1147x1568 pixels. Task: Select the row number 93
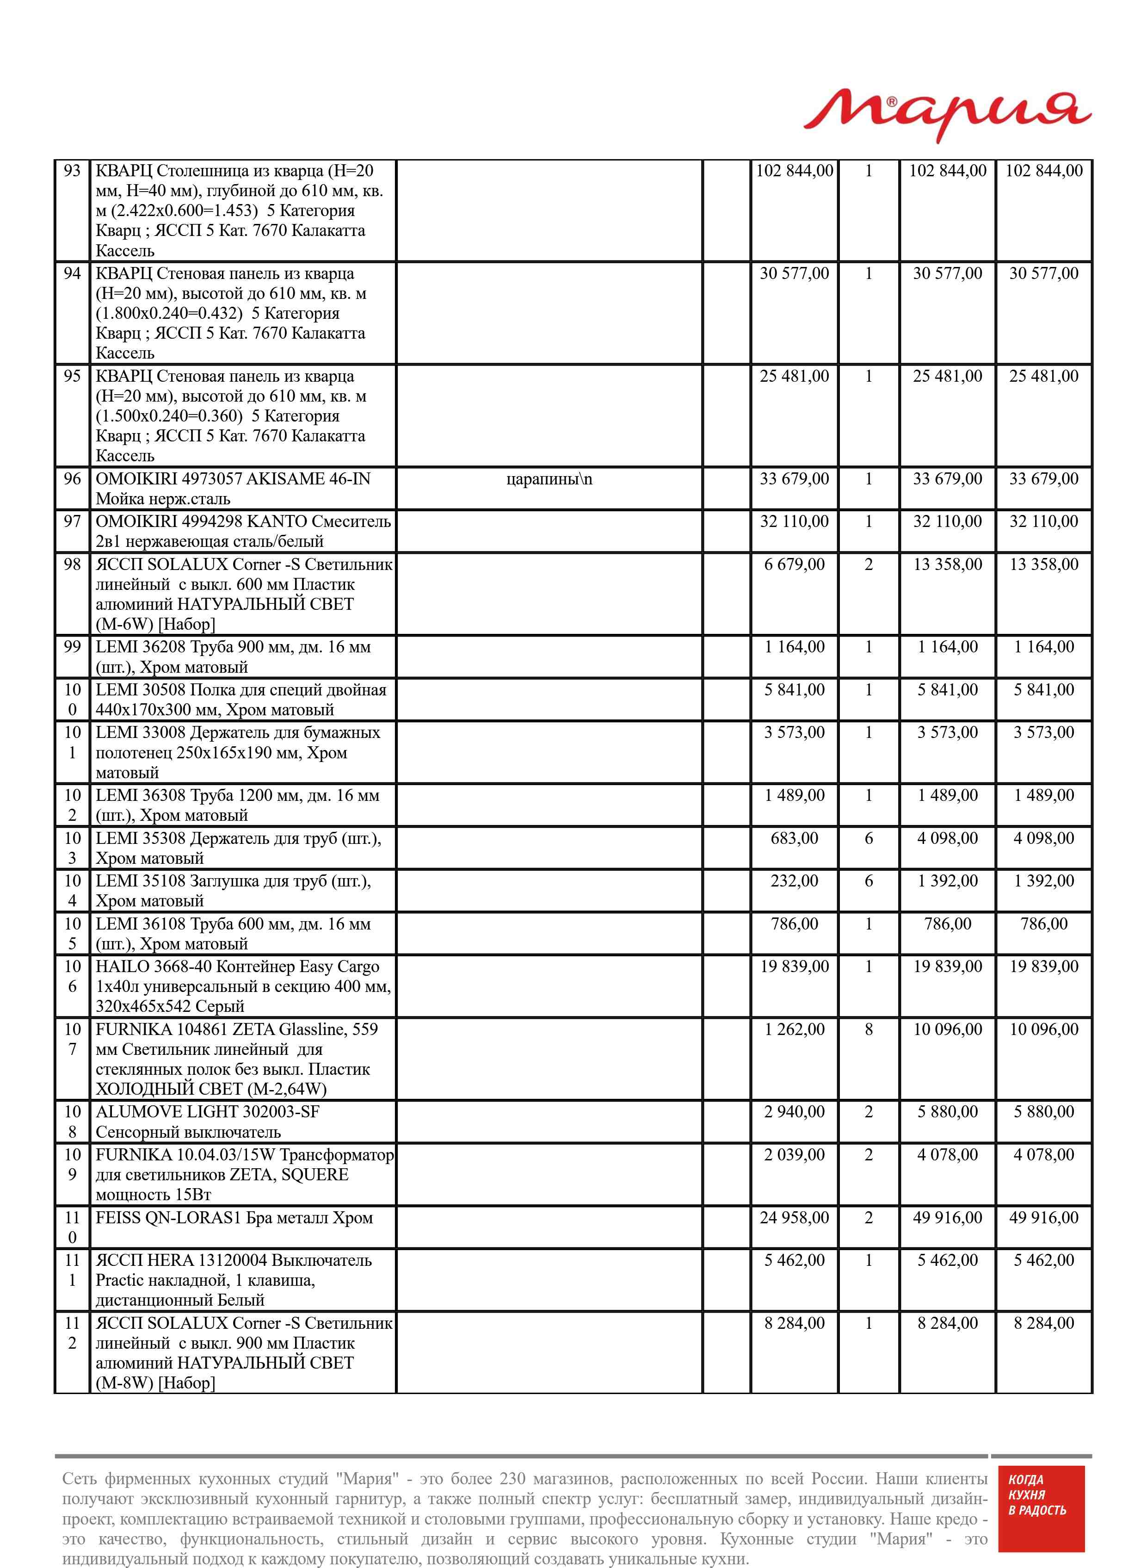(72, 171)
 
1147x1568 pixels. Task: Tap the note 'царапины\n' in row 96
(549, 479)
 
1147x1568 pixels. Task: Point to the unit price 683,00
(794, 839)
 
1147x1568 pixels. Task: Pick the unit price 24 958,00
(794, 1218)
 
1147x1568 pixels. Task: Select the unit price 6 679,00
(794, 564)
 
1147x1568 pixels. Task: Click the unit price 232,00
(794, 881)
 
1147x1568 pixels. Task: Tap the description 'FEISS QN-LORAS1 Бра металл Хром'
(234, 1218)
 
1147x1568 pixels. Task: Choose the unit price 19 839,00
(794, 967)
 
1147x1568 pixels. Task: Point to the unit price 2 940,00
(794, 1112)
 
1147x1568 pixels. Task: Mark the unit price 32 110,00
(794, 521)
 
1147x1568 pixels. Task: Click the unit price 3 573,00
(794, 732)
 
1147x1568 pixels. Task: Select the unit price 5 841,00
(794, 690)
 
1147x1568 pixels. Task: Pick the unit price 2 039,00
(794, 1155)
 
